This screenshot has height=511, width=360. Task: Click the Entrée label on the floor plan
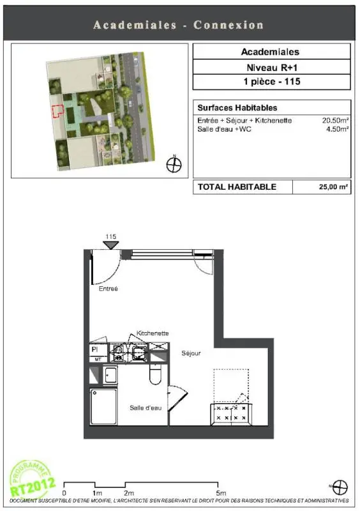pyautogui.click(x=108, y=289)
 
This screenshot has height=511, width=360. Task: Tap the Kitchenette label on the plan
pyautogui.click(x=153, y=333)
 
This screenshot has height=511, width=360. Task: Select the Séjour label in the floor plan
pyautogui.click(x=191, y=353)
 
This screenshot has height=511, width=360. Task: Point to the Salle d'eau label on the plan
pyautogui.click(x=146, y=408)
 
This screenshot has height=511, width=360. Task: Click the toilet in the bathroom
pyautogui.click(x=155, y=374)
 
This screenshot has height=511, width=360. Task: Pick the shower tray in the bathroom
pyautogui.click(x=103, y=407)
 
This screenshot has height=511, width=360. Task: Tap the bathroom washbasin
pyautogui.click(x=110, y=375)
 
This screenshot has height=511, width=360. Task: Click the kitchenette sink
pyautogui.click(x=139, y=353)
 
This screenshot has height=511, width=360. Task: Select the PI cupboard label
pyautogui.click(x=95, y=349)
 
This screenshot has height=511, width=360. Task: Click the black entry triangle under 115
pyautogui.click(x=111, y=245)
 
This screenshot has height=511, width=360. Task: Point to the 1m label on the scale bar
pyautogui.click(x=97, y=493)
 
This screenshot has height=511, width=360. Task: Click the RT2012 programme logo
pyautogui.click(x=32, y=479)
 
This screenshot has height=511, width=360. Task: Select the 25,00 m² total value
pyautogui.click(x=333, y=187)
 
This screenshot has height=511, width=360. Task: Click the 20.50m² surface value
pyautogui.click(x=336, y=120)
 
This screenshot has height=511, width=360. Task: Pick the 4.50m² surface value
pyautogui.click(x=338, y=129)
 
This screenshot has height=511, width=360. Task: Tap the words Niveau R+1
pyautogui.click(x=272, y=68)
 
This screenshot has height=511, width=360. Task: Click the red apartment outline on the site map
pyautogui.click(x=58, y=111)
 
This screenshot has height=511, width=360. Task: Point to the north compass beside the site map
pyautogui.click(x=174, y=164)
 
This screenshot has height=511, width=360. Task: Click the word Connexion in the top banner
pyautogui.click(x=229, y=25)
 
